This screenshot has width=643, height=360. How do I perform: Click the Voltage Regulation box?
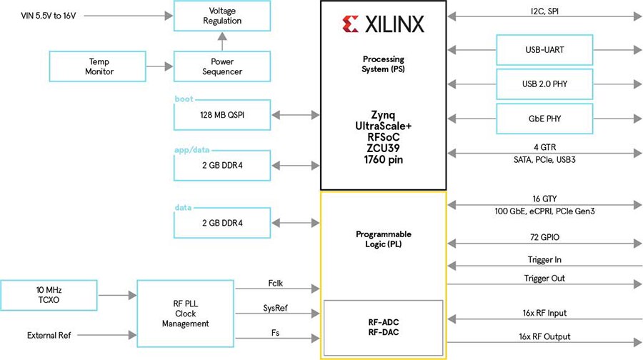[222, 16]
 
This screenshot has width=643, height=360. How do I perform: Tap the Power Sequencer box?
[222, 66]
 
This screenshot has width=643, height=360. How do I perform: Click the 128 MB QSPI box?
[222, 114]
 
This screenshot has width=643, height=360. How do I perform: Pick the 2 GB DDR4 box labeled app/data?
[222, 166]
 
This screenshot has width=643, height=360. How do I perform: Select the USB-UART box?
[544, 50]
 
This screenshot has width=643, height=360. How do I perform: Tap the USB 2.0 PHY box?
[544, 85]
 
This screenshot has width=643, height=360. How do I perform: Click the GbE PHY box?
[544, 118]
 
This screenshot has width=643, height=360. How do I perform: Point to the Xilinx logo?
[383, 25]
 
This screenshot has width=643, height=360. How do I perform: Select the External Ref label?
[50, 334]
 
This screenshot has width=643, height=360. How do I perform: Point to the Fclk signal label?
[276, 282]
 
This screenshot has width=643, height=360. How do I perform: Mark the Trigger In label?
[544, 260]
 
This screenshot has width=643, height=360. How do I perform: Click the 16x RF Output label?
[544, 336]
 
